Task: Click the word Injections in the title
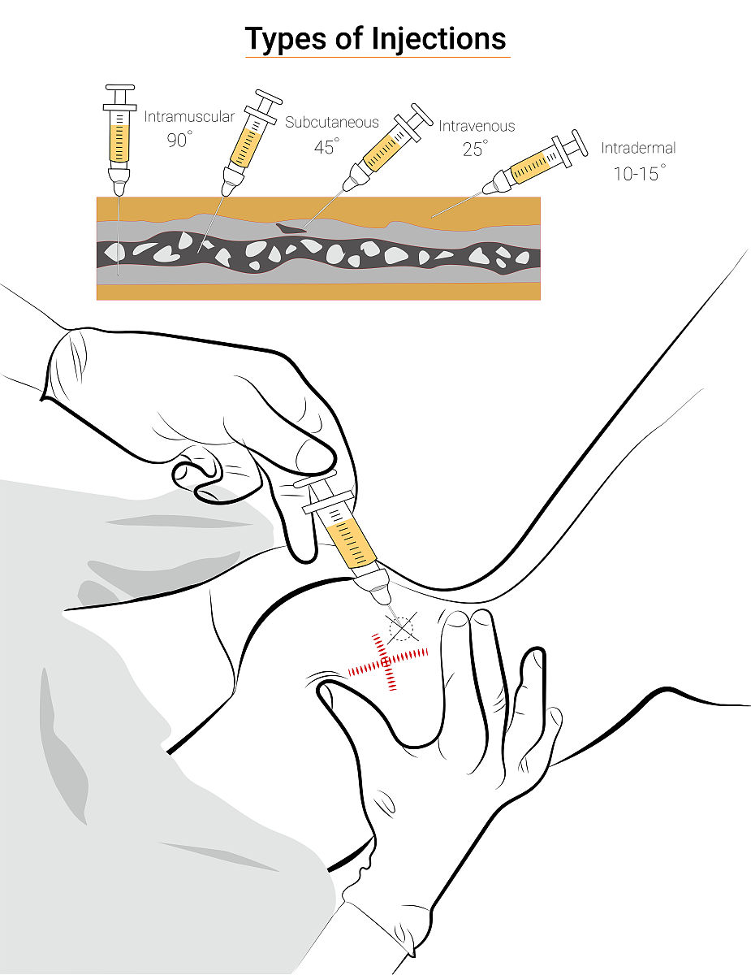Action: pyautogui.click(x=439, y=40)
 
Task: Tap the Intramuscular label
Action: pyautogui.click(x=189, y=117)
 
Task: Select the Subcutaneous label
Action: pyautogui.click(x=332, y=122)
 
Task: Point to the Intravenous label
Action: pyautogui.click(x=477, y=126)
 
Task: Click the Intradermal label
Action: pyautogui.click(x=638, y=148)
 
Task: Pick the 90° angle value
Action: pyautogui.click(x=179, y=140)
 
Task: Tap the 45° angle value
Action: pyautogui.click(x=326, y=146)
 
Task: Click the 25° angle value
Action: pyautogui.click(x=475, y=149)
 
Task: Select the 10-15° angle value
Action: pyautogui.click(x=639, y=173)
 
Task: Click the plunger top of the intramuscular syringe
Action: pyautogui.click(x=119, y=87)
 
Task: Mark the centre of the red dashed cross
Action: pyautogui.click(x=386, y=662)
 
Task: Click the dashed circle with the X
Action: pyautogui.click(x=401, y=628)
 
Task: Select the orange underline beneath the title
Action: pyautogui.click(x=378, y=58)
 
